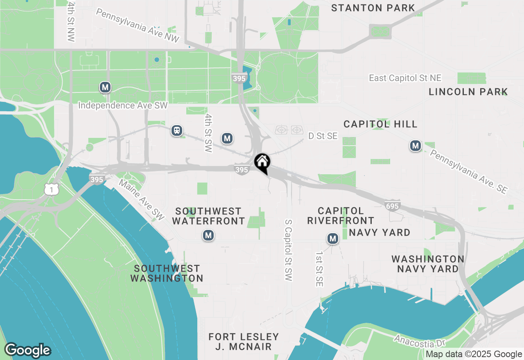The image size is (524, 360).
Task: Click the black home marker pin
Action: tap(262, 162)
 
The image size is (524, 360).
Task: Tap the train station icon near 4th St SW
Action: tap(177, 130)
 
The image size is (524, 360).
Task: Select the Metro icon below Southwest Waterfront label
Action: tap(208, 235)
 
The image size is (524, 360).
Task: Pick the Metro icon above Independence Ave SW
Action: tap(105, 87)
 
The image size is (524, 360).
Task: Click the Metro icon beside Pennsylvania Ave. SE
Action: tap(416, 146)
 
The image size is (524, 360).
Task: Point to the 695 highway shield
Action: tap(392, 206)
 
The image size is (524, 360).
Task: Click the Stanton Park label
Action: tap(373, 8)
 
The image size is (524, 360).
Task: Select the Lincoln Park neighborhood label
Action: tap(468, 92)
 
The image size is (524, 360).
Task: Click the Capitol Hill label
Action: tap(380, 124)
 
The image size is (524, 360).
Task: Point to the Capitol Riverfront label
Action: tap(341, 216)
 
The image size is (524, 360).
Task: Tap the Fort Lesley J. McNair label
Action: tap(244, 342)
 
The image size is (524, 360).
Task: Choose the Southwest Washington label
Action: tap(167, 273)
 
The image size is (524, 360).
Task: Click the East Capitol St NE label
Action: tap(405, 78)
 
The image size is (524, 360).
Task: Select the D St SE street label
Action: tap(323, 136)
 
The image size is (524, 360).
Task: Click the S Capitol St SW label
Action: tap(289, 250)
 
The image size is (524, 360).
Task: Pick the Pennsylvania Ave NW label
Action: tap(138, 26)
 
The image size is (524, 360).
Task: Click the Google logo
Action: tap(27, 351)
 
